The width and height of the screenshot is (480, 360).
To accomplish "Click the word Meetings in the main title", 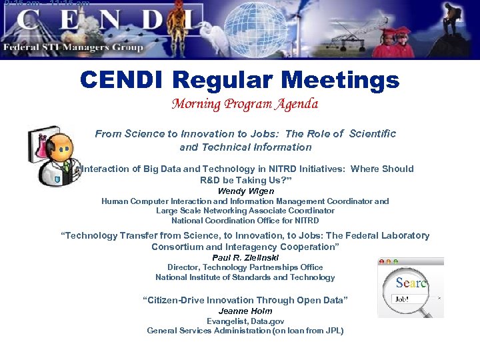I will (x=340, y=81).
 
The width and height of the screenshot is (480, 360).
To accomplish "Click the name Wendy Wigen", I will (x=245, y=191).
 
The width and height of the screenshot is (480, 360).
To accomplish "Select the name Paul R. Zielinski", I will (x=245, y=257).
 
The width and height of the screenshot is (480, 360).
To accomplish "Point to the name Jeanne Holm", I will (x=245, y=311).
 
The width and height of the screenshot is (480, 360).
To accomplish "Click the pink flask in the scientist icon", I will (x=41, y=145).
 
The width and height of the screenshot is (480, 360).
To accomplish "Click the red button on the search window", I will (x=382, y=261).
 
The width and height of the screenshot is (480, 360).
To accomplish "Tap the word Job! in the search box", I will (x=403, y=299).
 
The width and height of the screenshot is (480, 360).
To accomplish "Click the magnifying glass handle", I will (x=435, y=309).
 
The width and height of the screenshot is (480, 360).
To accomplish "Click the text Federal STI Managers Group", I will (x=73, y=47).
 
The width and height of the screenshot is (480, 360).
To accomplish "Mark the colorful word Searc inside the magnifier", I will (x=411, y=283).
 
